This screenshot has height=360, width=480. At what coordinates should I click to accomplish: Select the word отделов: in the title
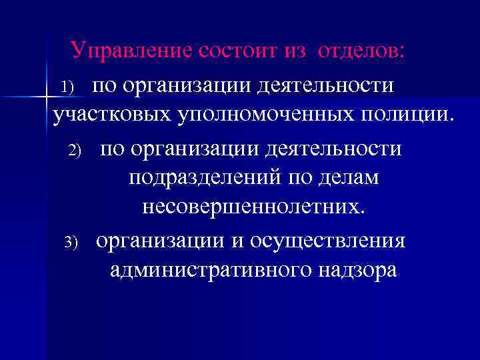(x=361, y=50)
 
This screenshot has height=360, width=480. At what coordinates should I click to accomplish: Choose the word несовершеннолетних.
(x=254, y=208)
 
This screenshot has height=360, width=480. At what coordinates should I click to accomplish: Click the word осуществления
(x=327, y=239)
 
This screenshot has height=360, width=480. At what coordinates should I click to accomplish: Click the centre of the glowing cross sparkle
(x=47, y=97)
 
